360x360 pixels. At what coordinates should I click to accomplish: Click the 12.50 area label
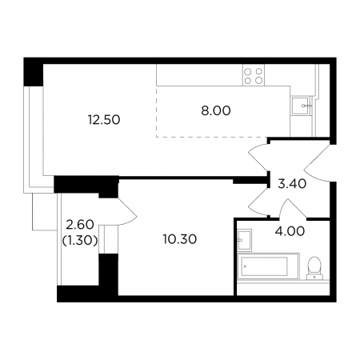(104, 120)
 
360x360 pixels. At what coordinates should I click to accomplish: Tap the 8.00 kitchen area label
(216, 110)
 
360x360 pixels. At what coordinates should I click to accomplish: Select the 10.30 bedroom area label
(180, 239)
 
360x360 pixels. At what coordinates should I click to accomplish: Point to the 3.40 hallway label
(292, 184)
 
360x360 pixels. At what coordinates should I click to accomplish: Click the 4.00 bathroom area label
(290, 231)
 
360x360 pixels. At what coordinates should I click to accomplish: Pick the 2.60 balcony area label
(80, 225)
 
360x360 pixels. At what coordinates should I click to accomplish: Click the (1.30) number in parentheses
(80, 241)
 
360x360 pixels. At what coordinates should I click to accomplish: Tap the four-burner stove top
(254, 75)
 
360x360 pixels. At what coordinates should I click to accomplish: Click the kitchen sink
(302, 106)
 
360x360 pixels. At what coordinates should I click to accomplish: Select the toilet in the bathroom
(314, 268)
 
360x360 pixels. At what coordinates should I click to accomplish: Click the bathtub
(268, 266)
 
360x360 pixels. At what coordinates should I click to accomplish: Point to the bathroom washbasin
(244, 240)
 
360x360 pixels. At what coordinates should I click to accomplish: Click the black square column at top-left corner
(34, 72)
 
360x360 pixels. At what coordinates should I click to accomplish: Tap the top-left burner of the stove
(248, 71)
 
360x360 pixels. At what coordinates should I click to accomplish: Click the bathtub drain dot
(246, 266)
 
